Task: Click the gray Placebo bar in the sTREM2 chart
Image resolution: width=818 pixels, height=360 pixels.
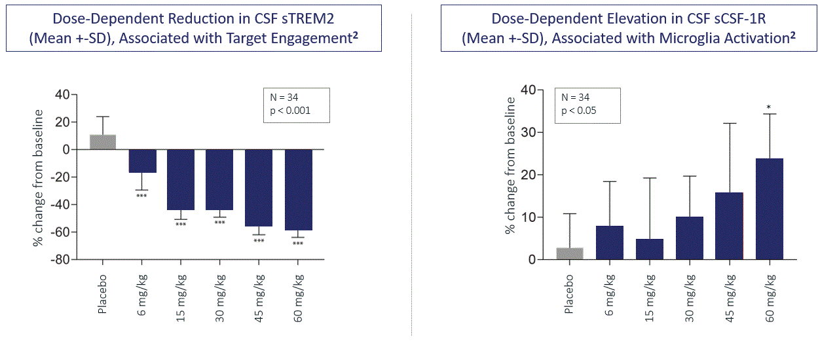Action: tap(103, 142)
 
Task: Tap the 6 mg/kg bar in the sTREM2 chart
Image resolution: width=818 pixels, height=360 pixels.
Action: tap(142, 161)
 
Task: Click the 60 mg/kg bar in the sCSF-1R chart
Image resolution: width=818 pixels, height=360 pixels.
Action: tap(769, 209)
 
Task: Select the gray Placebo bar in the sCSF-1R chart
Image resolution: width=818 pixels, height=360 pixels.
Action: tap(570, 253)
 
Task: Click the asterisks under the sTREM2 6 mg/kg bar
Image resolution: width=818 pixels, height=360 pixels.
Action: tap(142, 196)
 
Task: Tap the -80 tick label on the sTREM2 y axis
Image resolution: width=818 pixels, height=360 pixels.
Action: tap(59, 260)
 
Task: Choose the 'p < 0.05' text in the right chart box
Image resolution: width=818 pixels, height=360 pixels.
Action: tap(579, 110)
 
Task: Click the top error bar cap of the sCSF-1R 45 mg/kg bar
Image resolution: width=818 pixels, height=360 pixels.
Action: tap(729, 123)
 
